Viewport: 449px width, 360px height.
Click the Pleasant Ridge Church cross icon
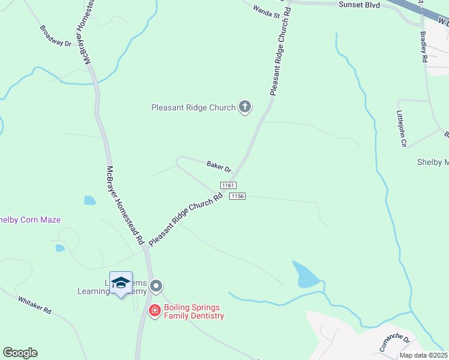tap(244, 107)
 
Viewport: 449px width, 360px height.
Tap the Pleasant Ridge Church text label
tap(193, 108)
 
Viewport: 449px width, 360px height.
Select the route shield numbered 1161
tap(228, 186)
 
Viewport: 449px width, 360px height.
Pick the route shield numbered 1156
tap(238, 196)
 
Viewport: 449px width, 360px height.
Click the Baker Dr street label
tap(218, 165)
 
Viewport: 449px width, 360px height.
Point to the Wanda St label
tap(267, 11)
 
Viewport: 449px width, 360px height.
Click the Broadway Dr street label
tap(56, 36)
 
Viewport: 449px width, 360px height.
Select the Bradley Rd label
tap(423, 47)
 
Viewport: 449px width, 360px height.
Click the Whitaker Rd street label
tap(35, 305)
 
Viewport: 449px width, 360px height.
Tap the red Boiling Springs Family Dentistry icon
tap(154, 310)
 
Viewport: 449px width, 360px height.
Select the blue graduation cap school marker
tap(121, 283)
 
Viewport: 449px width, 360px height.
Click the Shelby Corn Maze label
tap(30, 220)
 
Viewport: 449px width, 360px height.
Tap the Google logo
tap(20, 353)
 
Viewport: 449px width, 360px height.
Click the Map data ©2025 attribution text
tap(423, 355)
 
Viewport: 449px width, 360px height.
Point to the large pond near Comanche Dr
tap(306, 274)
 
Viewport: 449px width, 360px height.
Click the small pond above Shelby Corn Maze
tap(89, 200)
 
